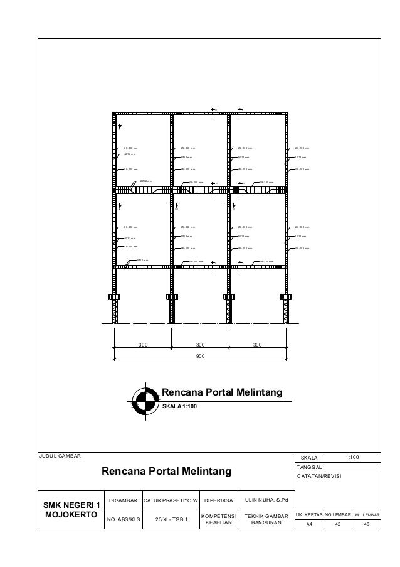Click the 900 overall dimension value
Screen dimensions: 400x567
pyautogui.click(x=201, y=355)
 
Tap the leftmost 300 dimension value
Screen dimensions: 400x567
pyautogui.click(x=143, y=345)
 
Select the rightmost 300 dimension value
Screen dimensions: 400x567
pyautogui.click(x=257, y=345)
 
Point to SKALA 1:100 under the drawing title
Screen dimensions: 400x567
pyautogui.click(x=179, y=406)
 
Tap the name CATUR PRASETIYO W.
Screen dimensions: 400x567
pyautogui.click(x=171, y=500)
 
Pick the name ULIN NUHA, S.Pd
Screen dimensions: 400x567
pyautogui.click(x=267, y=500)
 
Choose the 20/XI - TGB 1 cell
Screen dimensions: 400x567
pyautogui.click(x=171, y=519)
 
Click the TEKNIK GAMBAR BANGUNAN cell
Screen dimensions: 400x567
pyautogui.click(x=267, y=519)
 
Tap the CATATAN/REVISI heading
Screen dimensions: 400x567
pyautogui.click(x=320, y=477)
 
